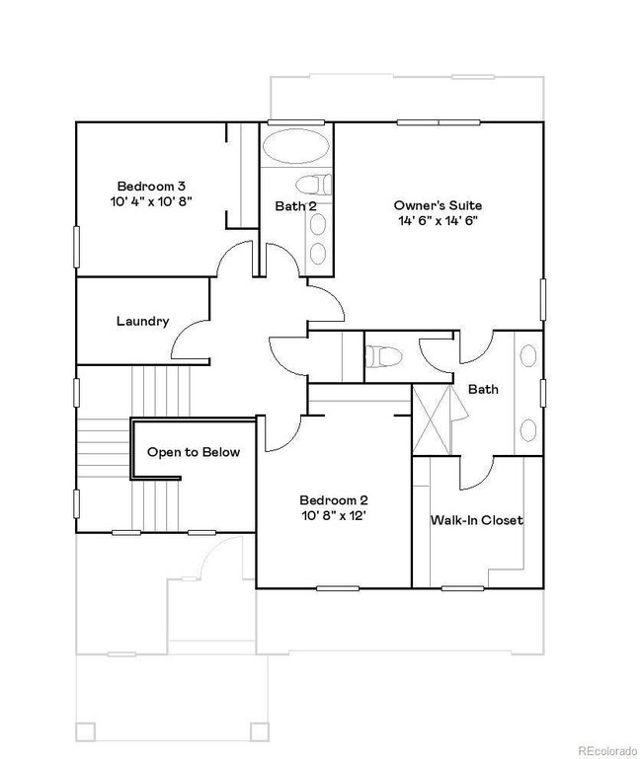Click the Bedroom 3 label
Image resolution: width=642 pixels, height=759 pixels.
(152, 186)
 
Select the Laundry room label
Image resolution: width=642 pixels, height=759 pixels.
(142, 321)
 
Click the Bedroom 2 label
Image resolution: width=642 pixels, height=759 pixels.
(333, 499)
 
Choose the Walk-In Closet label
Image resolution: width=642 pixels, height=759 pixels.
(476, 520)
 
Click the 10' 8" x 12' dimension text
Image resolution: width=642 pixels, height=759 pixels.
(333, 514)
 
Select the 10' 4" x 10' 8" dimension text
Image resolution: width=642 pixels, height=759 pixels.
(152, 200)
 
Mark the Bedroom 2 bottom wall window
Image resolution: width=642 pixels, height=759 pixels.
(336, 589)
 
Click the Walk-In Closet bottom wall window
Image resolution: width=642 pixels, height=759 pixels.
(462, 589)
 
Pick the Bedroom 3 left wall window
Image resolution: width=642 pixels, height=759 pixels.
(77, 241)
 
